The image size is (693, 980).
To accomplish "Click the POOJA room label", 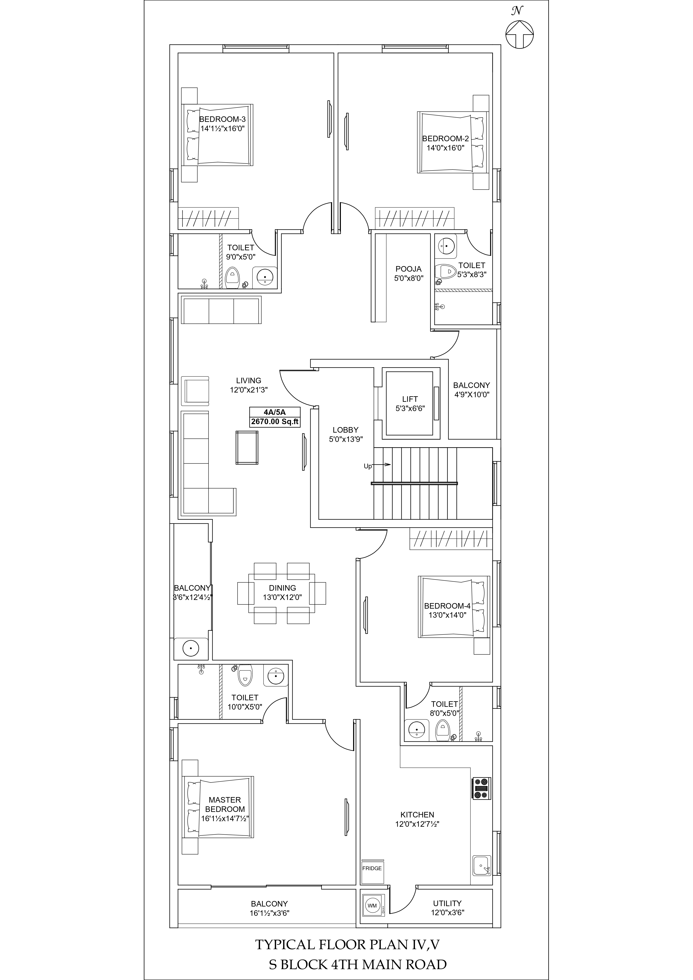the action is coord(408,269).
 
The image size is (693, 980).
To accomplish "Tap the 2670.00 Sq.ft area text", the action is coord(275,422).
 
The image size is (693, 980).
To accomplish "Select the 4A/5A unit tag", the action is coord(275,412).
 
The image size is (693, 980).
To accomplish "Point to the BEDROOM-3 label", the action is coord(222,120).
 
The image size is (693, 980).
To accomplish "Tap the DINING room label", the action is coord(282,588).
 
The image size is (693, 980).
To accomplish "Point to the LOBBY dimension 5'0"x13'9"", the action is coord(346,439).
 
